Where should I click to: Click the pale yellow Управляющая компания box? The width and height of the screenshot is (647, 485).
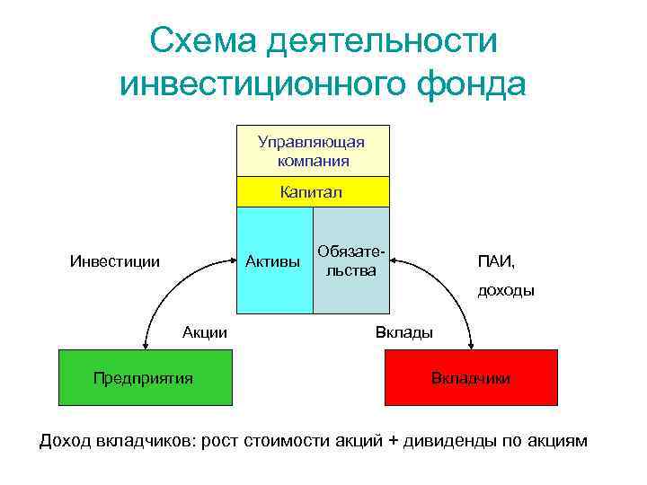point(312,151)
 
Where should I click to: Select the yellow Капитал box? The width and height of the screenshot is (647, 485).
point(312,192)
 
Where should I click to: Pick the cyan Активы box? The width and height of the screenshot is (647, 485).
point(274,261)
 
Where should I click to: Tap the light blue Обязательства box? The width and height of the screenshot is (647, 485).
point(351,261)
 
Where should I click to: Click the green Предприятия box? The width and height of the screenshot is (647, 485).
point(144,377)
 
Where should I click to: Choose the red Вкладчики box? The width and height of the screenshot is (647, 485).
point(471,377)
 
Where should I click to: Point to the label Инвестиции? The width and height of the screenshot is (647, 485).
point(115,262)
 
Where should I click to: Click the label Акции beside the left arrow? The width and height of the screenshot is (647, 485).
point(205,332)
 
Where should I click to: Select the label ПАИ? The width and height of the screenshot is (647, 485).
point(496,262)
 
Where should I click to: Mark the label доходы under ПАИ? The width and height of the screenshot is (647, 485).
point(505,290)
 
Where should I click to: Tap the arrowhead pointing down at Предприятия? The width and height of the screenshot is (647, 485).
point(144,345)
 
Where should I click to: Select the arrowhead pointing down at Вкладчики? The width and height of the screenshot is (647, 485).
point(471,345)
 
